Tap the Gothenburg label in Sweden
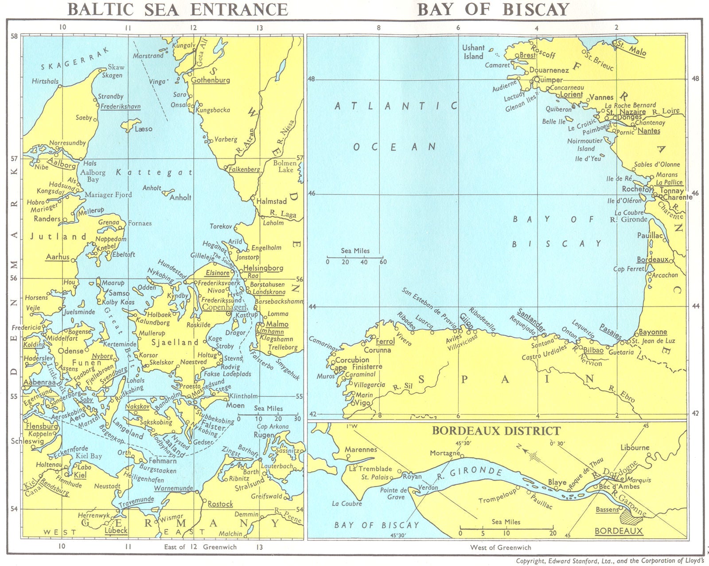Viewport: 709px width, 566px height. (210, 80)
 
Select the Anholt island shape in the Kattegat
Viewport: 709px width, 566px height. (168, 193)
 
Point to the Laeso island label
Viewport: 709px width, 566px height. (143, 129)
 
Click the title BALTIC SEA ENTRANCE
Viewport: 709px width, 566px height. (178, 9)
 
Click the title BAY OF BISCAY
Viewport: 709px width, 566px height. (493, 9)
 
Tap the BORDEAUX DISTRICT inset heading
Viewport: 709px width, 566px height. (496, 431)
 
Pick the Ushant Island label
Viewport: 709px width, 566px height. (473, 52)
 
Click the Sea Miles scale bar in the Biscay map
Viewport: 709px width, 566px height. (355, 256)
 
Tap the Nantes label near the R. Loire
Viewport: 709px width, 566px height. (649, 131)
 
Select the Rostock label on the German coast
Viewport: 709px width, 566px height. (220, 504)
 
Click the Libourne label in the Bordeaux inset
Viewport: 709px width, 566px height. (635, 447)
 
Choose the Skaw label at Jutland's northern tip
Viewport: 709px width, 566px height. (116, 67)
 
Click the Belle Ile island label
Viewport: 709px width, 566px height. (554, 121)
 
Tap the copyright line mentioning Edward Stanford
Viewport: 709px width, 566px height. (609, 561)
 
